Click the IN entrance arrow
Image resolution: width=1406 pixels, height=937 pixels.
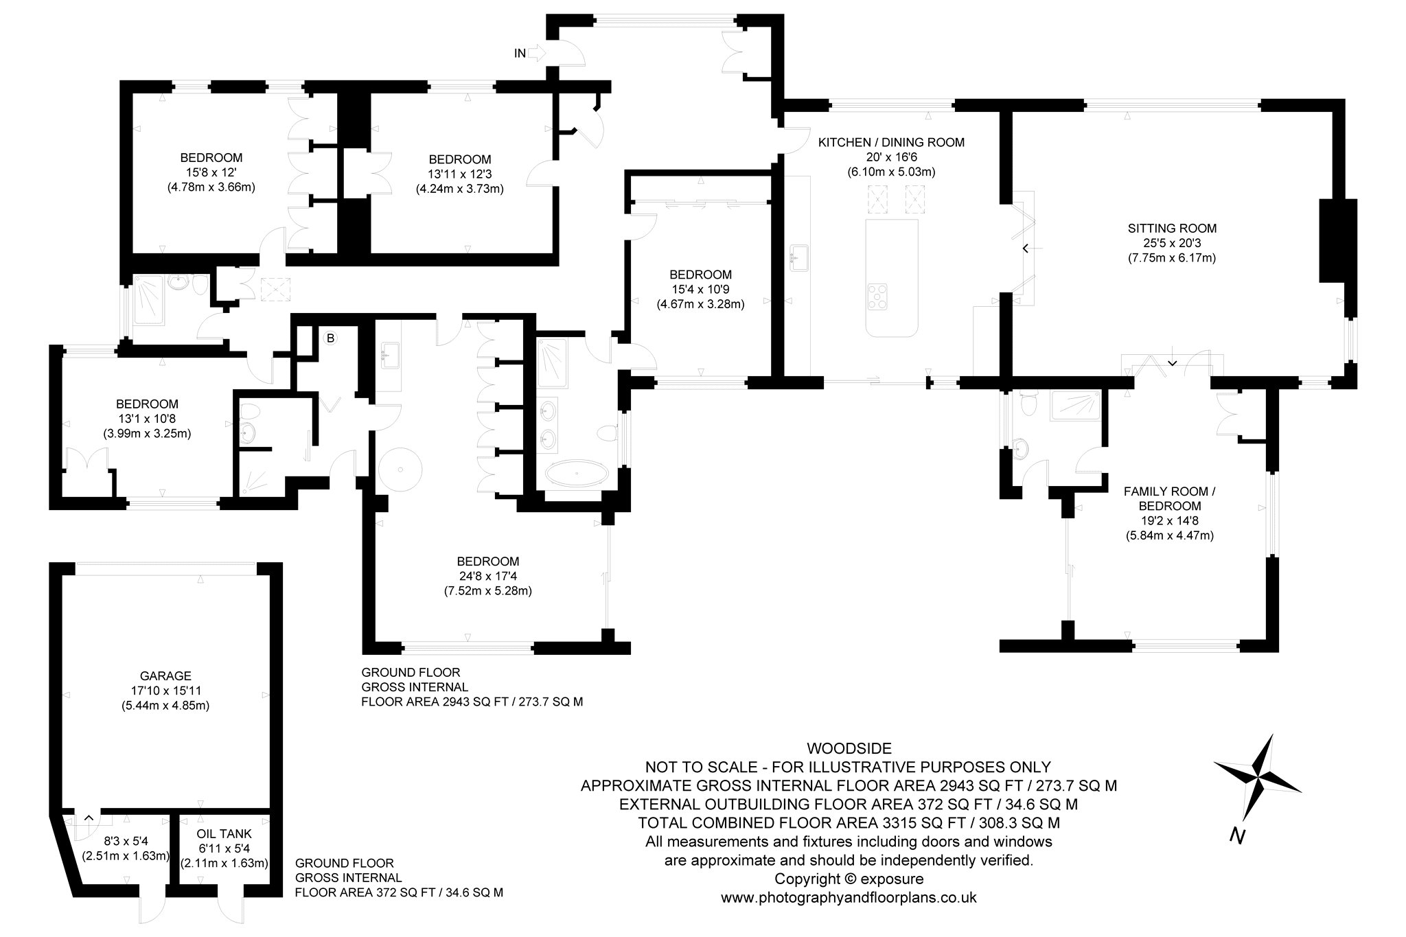537,53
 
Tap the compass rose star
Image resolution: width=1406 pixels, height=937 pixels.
1257,778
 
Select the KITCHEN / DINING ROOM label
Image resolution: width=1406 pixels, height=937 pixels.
891,143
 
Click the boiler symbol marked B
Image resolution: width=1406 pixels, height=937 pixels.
330,338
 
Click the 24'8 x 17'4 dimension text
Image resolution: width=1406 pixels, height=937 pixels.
487,576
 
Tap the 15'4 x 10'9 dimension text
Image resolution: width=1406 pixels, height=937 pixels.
700,290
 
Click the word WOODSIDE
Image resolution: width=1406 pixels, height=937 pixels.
849,748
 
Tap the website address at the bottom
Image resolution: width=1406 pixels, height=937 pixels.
849,897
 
